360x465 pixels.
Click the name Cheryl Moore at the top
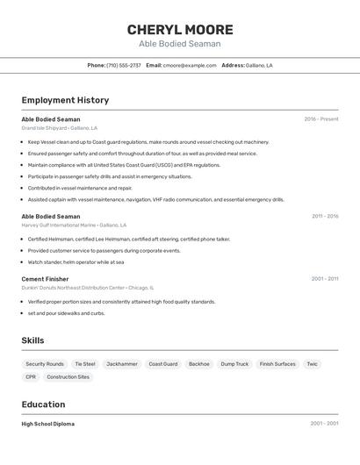tap(179, 29)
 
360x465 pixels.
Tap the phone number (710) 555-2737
tap(123, 65)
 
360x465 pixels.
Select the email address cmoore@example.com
tap(189, 65)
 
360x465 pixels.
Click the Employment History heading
tap(65, 100)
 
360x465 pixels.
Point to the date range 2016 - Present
tap(320, 119)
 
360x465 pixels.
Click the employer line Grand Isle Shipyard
tap(60, 128)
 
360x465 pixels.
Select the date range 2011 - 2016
tap(324, 216)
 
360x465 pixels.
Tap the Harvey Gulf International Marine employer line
tap(74, 225)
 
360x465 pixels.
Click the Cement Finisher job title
tap(45, 279)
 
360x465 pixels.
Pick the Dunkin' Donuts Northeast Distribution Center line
tap(87, 288)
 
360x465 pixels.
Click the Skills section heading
tap(32, 340)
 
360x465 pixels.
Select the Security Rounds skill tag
tap(45, 363)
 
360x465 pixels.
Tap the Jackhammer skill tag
tap(122, 363)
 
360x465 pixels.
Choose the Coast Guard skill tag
tap(162, 363)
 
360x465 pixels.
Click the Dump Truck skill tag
tap(234, 363)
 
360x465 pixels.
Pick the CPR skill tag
tap(31, 377)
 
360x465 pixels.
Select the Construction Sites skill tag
tap(68, 377)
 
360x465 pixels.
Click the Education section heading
tap(43, 404)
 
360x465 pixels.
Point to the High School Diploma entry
tap(47, 424)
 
